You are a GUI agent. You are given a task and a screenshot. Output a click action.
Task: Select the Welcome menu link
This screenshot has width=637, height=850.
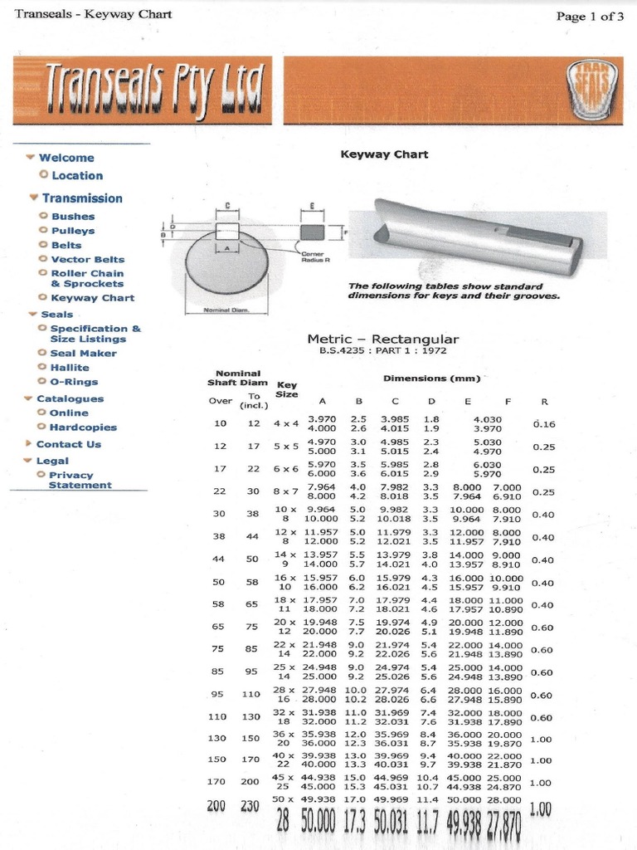(x=66, y=158)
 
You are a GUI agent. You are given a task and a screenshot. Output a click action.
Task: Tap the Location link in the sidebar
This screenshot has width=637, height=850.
(x=77, y=176)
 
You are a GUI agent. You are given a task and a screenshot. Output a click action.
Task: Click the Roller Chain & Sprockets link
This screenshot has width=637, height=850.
(x=87, y=278)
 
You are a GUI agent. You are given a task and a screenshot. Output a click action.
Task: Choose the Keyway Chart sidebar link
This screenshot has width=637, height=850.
(x=92, y=298)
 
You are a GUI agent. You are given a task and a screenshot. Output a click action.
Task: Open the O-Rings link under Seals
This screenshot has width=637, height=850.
(x=74, y=382)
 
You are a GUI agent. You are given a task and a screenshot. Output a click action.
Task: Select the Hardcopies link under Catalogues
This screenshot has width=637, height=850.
(x=83, y=427)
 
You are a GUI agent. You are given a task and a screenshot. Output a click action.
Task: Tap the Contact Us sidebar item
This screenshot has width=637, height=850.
(x=68, y=444)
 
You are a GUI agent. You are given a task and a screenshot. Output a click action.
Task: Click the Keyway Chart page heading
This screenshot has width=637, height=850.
(x=385, y=154)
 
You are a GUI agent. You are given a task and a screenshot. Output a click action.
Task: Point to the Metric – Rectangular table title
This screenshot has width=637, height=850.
(x=382, y=340)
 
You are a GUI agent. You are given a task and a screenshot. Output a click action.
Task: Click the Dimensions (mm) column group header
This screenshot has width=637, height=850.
(x=431, y=379)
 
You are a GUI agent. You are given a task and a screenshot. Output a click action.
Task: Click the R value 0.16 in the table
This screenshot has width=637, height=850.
(x=543, y=424)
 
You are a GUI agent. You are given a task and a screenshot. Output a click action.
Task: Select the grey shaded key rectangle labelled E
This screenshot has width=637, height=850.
(x=313, y=231)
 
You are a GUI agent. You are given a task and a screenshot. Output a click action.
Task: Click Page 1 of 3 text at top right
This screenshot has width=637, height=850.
(x=589, y=17)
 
